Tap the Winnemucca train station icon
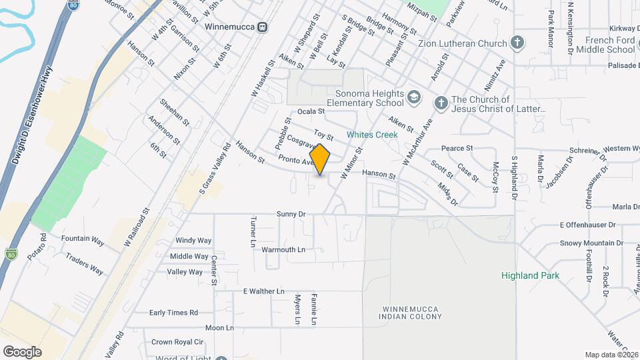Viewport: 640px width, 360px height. (264, 27)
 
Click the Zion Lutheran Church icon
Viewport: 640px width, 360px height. (517, 43)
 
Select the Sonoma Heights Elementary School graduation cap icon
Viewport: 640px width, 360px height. (414, 99)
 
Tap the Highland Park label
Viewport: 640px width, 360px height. (530, 275)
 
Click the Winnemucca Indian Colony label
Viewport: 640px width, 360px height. (413, 312)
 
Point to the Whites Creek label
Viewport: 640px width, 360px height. (372, 135)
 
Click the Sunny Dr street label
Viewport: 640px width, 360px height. (291, 214)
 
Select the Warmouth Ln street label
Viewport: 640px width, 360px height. (283, 249)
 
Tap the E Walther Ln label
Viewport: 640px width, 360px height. (263, 291)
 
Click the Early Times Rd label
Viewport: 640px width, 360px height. (173, 312)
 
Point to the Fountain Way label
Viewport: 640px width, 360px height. (83, 238)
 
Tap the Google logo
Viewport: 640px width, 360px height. (22, 352)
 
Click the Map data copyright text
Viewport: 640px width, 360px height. (611, 355)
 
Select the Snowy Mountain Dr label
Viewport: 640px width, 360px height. (591, 243)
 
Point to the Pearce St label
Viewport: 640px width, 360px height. (457, 148)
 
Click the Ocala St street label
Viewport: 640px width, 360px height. (311, 111)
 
